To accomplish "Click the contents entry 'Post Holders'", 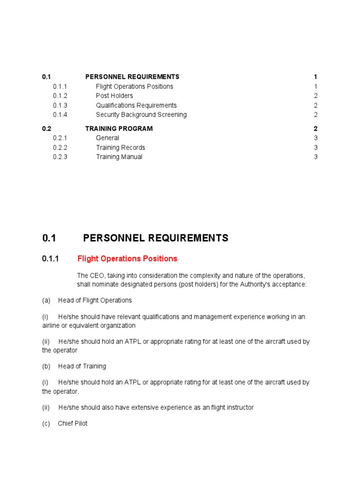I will tap(114, 96).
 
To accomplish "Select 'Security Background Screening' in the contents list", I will tap(141, 114).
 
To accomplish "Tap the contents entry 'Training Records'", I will tap(120, 147).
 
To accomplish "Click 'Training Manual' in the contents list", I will tap(119, 157).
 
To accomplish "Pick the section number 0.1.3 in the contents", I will tap(60, 105).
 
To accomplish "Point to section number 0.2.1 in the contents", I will tap(60, 138).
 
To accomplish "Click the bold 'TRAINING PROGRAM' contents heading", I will tap(119, 128).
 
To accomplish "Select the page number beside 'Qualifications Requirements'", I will tap(316, 105).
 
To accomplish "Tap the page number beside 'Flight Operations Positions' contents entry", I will tap(316, 86).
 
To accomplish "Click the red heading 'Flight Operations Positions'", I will tap(127, 258).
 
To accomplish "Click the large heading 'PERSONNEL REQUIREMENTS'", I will tap(156, 238).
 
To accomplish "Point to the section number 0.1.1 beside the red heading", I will tap(51, 258).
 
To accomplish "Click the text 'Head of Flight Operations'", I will tap(95, 300).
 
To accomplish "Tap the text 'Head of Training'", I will tap(82, 366).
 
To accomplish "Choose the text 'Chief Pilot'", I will tap(73, 423).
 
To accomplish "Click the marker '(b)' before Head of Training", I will tap(46, 366).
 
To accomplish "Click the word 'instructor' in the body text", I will tap(238, 407).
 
